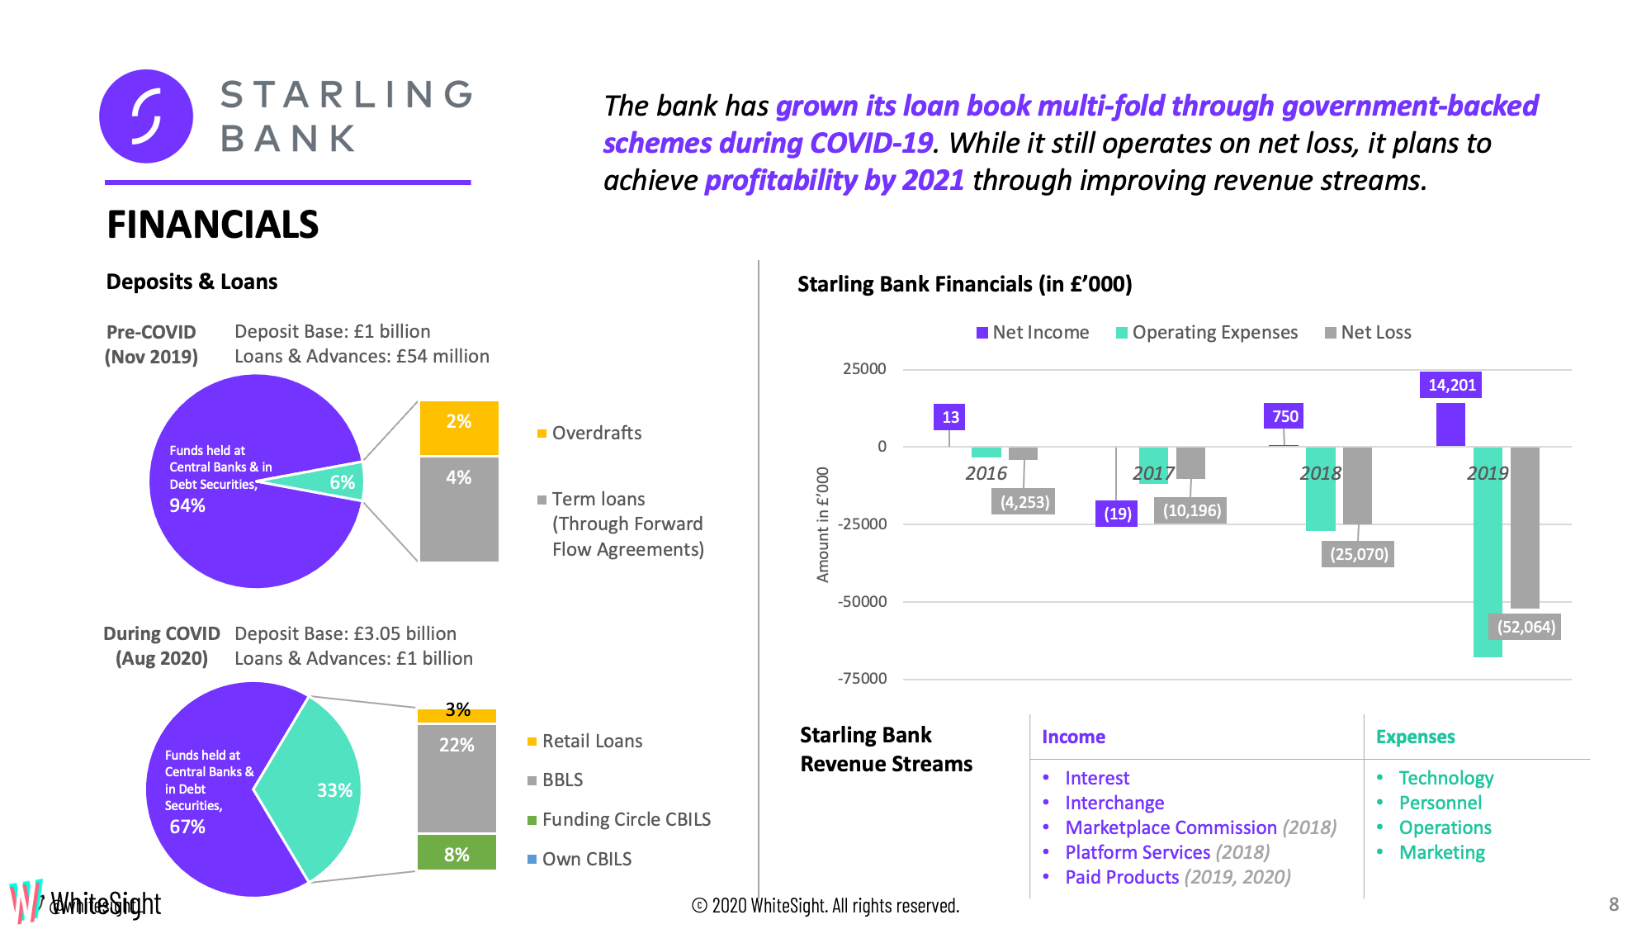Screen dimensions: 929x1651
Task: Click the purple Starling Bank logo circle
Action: pos(146,116)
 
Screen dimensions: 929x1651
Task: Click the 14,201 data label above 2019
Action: pos(1450,385)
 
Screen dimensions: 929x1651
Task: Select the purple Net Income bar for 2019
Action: pos(1450,424)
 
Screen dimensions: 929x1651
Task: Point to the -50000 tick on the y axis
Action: pos(863,602)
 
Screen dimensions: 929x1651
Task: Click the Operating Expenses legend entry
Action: pos(1206,333)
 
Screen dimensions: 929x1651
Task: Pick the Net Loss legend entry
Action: pos(1368,333)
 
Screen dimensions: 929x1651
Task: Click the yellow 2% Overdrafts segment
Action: pos(459,427)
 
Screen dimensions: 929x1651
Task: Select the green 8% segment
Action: pos(457,852)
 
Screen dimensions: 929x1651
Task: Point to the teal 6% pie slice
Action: pos(334,482)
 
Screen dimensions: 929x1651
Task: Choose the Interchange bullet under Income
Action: pos(1114,803)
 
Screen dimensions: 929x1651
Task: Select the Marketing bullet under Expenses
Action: pos(1441,853)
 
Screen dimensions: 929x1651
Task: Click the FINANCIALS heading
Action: pos(213,225)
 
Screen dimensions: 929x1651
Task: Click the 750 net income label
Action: pos(1284,416)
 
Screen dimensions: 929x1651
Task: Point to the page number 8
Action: pos(1614,904)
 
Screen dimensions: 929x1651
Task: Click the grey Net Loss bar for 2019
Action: pos(1525,527)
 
